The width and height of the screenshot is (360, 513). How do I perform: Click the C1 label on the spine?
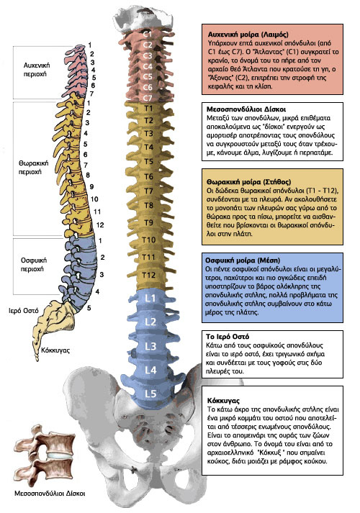click(148, 34)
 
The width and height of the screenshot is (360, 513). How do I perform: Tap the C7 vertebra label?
click(148, 98)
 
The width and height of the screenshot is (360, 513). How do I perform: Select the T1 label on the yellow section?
click(148, 108)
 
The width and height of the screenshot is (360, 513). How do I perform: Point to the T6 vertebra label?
click(148, 176)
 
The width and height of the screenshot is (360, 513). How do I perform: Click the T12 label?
click(148, 275)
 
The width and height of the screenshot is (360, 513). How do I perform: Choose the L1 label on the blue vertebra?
click(150, 299)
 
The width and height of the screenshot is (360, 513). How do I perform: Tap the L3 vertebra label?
click(150, 346)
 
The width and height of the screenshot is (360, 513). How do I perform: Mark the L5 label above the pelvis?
click(150, 394)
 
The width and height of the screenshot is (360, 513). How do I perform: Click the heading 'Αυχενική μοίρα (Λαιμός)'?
click(248, 35)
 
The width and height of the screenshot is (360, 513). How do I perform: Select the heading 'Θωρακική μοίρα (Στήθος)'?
click(248, 182)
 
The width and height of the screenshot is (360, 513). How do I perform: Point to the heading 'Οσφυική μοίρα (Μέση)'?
click(243, 260)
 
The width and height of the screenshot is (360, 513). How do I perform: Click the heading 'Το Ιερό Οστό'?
click(228, 337)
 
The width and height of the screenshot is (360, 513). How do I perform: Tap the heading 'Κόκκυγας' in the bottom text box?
click(223, 401)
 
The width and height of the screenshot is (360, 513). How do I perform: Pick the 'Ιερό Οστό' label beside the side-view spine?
click(24, 311)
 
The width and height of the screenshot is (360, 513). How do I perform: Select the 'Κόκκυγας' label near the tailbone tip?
click(55, 350)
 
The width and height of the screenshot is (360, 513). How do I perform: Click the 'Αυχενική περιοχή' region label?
click(36, 70)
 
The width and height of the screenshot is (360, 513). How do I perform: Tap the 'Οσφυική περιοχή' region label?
click(34, 265)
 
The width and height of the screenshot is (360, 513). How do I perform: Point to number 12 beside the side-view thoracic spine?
click(100, 224)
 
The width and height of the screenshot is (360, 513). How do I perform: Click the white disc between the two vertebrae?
click(59, 455)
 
